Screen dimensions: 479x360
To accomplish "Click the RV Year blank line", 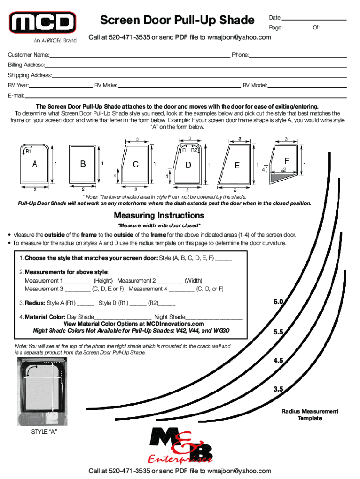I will [60, 87].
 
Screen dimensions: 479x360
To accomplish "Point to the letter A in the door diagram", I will [35, 164].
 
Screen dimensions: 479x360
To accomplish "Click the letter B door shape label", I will [83, 164].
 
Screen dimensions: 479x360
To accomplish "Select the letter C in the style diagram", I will [136, 164].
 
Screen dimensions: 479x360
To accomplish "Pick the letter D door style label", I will [188, 165].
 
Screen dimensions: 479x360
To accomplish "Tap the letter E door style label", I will [237, 165].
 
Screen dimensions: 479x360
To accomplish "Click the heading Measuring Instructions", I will [159, 216].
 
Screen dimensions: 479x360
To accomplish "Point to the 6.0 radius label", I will [279, 302].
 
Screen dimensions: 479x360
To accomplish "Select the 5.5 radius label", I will [279, 332].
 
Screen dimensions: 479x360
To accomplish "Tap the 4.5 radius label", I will [279, 361].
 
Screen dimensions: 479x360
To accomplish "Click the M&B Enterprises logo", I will [180, 447].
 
